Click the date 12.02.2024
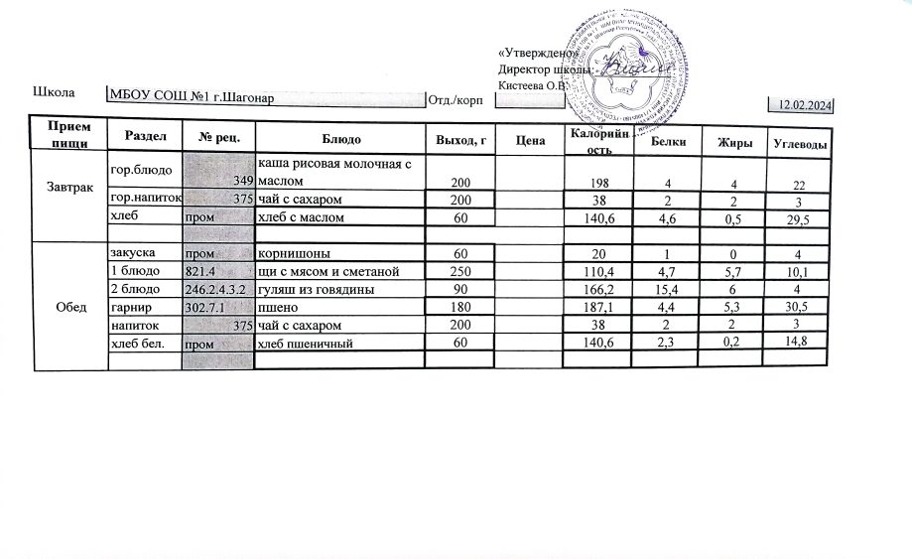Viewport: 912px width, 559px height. coord(804,104)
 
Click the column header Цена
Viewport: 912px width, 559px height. coord(531,140)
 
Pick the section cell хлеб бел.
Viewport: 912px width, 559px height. coord(137,343)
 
